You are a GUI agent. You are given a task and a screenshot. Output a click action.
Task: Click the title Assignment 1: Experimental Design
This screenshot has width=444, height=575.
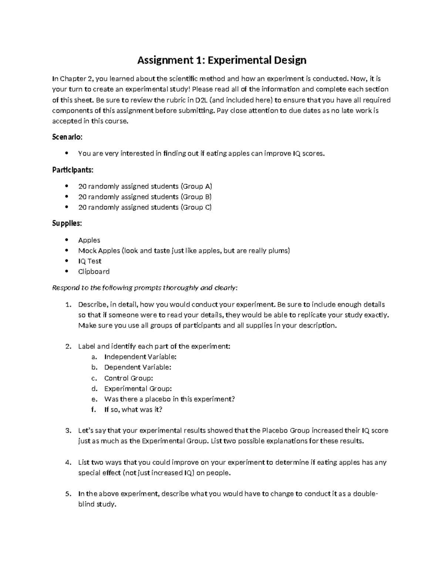point(222,60)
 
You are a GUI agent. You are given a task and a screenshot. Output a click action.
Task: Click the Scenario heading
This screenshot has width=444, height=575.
point(67,137)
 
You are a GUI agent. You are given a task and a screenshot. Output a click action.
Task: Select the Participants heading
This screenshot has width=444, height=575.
point(73,170)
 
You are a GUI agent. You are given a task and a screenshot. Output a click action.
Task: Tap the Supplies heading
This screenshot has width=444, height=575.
point(67,224)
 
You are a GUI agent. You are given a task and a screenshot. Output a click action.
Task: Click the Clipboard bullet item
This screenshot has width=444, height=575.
point(94,271)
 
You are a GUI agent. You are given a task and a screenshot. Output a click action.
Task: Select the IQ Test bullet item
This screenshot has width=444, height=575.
point(90,261)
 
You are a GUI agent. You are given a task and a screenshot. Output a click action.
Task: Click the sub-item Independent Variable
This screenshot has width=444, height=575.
point(140,357)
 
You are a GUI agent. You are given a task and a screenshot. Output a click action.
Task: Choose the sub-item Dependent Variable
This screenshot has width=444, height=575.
point(138,367)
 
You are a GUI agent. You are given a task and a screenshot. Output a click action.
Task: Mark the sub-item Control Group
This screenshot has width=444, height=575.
point(128,378)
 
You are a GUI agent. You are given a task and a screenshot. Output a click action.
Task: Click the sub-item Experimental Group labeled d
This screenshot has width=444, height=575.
point(138,389)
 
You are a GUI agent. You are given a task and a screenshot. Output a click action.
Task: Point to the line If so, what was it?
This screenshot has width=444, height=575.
point(133,409)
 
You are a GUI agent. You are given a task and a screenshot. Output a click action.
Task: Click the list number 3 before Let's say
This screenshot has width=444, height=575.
point(68,431)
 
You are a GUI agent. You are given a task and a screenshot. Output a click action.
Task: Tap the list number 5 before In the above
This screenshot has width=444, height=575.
point(68,494)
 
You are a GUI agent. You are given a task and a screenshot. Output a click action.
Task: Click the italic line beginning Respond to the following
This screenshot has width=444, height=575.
point(145,288)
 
